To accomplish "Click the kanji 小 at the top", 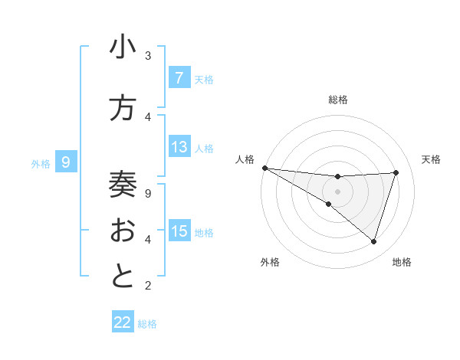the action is [123, 49].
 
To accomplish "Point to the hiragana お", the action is [123, 231].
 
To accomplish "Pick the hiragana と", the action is [123, 277].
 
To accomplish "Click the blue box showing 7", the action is [179, 77].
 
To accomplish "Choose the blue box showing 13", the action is [179, 147].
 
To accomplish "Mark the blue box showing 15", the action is [179, 231].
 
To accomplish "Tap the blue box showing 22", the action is [123, 322].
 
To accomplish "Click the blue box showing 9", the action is [66, 162].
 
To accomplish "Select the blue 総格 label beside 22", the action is [147, 324].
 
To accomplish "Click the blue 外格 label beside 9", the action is [41, 163].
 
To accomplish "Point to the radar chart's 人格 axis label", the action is [245, 159].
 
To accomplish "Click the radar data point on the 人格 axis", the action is [264, 168].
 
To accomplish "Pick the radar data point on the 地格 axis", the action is [373, 241].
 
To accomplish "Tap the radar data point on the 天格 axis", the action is [396, 172].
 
